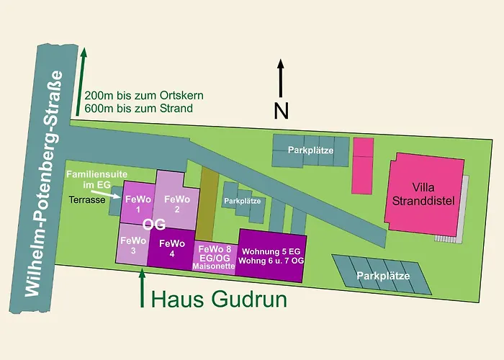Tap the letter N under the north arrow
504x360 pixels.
point(281,110)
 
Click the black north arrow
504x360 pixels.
point(281,78)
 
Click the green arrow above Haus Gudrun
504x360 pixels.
point(142,284)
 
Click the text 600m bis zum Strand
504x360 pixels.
point(138,108)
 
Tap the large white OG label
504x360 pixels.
point(154,225)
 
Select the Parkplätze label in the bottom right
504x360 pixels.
point(382,276)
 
